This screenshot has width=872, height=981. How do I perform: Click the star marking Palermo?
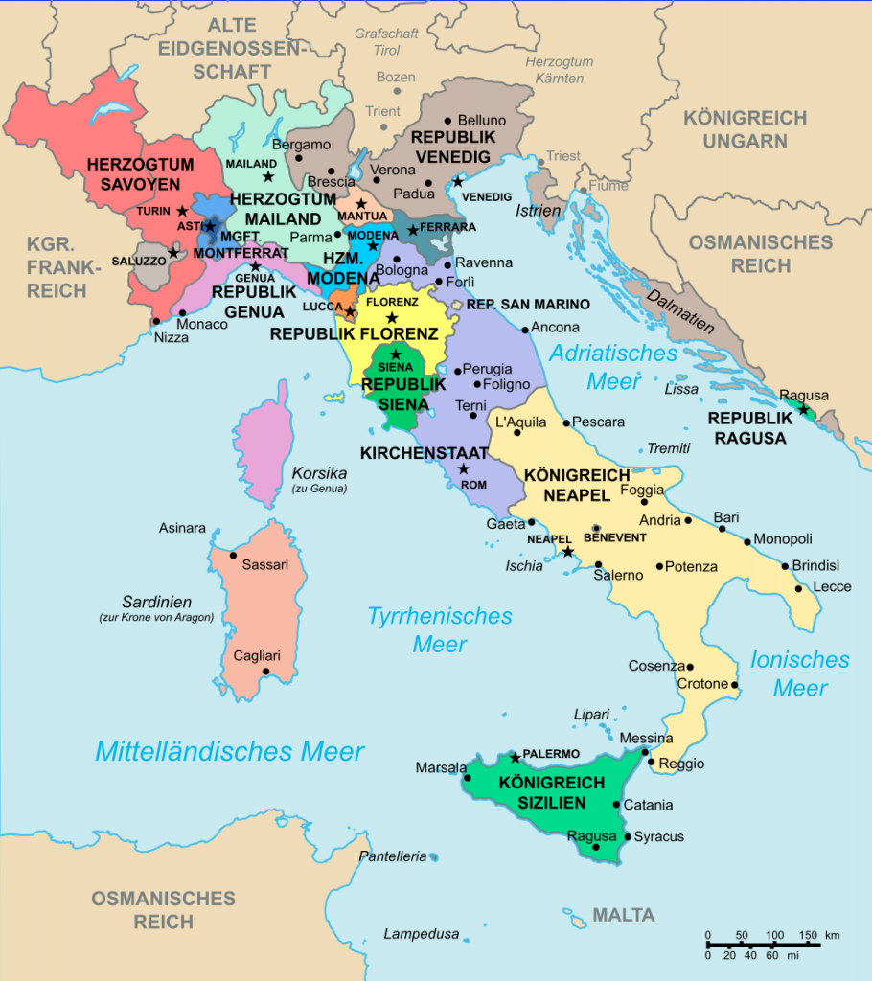click(x=516, y=758)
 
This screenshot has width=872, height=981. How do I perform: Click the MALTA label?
click(x=623, y=915)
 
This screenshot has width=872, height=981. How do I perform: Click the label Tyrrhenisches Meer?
click(x=440, y=629)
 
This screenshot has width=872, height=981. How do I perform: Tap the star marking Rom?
click(x=464, y=468)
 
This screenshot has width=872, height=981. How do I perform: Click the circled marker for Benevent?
click(x=596, y=528)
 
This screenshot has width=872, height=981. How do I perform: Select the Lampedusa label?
click(x=422, y=934)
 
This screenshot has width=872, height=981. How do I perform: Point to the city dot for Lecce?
click(x=799, y=588)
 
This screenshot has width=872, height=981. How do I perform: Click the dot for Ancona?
click(x=525, y=330)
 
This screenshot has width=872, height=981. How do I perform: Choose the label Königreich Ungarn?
click(x=745, y=129)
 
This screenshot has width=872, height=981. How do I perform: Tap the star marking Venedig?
click(x=458, y=181)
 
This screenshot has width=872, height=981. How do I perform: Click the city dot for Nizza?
click(x=156, y=321)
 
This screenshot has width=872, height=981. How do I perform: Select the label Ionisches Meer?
click(x=800, y=673)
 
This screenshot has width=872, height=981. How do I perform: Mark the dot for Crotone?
click(x=735, y=685)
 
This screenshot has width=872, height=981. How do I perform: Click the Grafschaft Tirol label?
click(x=386, y=41)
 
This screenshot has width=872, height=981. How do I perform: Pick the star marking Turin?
click(x=182, y=211)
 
